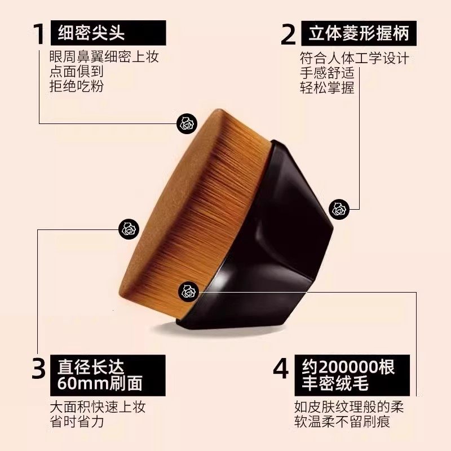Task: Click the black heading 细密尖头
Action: pos(91,34)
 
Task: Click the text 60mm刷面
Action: pos(101,384)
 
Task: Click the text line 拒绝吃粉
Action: pos(77,86)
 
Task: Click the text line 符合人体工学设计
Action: pos(354,58)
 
